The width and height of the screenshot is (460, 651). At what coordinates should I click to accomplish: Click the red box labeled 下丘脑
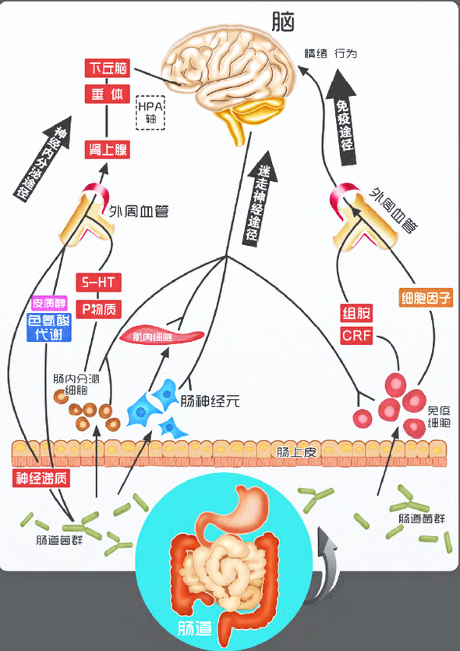click(x=107, y=68)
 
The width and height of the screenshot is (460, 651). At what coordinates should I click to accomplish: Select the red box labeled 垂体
click(x=107, y=94)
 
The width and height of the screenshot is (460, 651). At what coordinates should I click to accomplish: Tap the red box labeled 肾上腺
click(x=107, y=149)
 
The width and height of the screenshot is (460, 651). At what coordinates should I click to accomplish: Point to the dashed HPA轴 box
click(x=150, y=112)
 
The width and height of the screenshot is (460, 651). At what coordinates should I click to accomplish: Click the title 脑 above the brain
click(x=283, y=22)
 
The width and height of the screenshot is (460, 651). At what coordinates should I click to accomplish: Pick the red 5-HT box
click(x=99, y=283)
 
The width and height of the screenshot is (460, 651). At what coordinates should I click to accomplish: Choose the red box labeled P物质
click(x=99, y=309)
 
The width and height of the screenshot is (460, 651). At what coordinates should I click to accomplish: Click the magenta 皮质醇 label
click(x=49, y=304)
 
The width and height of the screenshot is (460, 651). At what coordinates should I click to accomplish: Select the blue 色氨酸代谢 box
click(x=49, y=327)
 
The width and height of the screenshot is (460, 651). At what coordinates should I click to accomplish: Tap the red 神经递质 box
click(x=41, y=478)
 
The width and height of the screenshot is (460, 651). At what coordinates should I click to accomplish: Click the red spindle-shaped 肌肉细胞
click(x=162, y=336)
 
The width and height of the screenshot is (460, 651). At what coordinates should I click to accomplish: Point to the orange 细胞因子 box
click(x=426, y=298)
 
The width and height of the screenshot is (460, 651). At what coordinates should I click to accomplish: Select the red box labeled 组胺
click(x=356, y=313)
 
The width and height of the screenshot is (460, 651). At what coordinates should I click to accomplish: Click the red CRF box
click(x=356, y=336)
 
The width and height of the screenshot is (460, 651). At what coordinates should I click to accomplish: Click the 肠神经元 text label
click(x=210, y=401)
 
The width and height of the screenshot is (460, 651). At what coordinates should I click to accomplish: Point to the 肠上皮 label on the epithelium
click(x=295, y=452)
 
